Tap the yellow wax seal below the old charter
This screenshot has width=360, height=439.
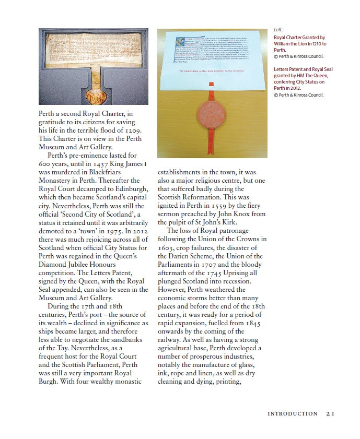point(95,96)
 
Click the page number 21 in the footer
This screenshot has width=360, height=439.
point(330,413)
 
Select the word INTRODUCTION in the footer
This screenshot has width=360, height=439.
point(292,413)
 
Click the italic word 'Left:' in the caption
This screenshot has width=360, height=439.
point(278,30)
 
